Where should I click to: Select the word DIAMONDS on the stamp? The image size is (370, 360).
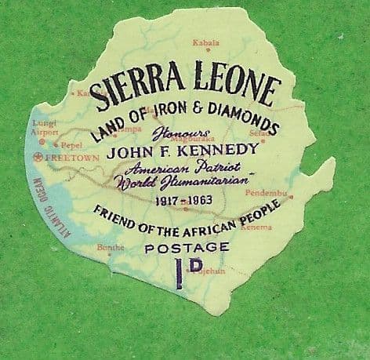tap(244, 123)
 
